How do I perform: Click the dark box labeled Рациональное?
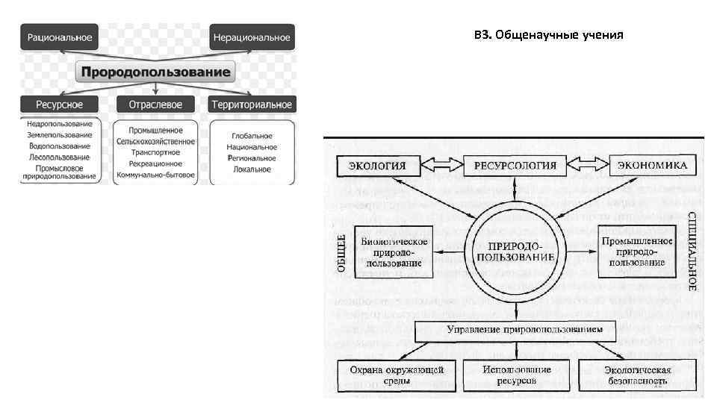pos(60,37)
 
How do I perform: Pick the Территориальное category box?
pos(252,104)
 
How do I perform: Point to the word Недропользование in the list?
pos(60,124)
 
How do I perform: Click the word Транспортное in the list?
pos(154,152)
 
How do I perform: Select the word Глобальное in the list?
pos(252,136)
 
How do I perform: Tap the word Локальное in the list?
pos(252,169)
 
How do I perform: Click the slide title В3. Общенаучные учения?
pos(548,35)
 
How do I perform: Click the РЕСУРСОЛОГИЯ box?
pos(515,165)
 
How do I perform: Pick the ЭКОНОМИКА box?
pos(653,165)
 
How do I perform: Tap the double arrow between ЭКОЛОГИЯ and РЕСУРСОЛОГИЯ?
pos(441,164)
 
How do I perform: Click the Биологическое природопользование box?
pos(394,252)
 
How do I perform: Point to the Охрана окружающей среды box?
pos(391,375)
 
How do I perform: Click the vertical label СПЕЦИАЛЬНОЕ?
pos(692,251)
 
